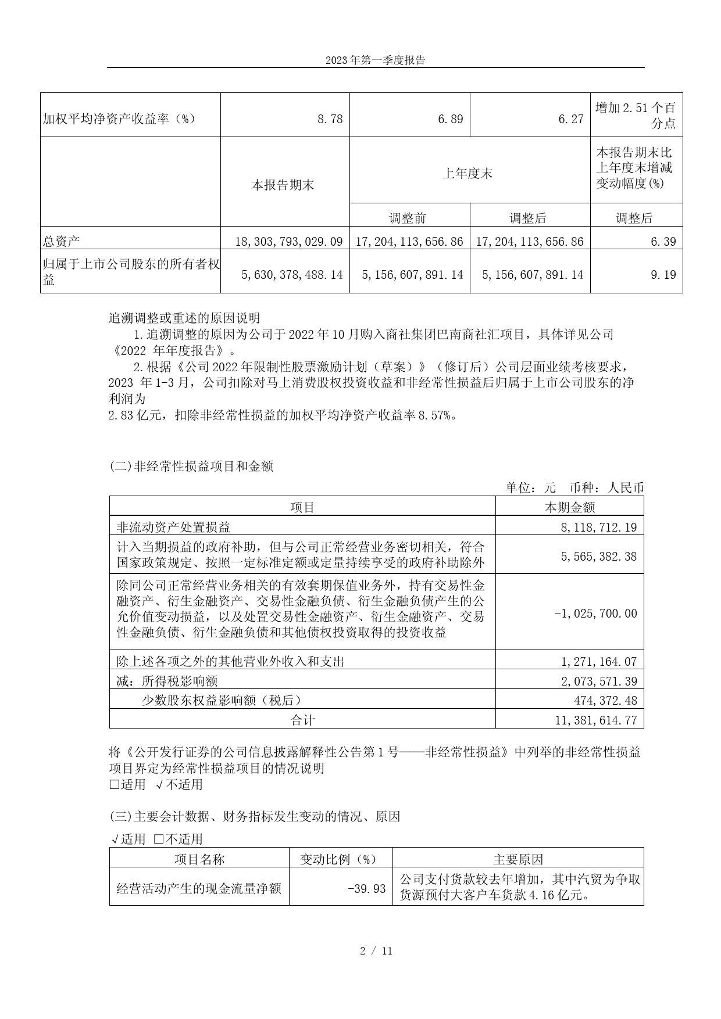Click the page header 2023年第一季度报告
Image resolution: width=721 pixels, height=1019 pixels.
pyautogui.click(x=375, y=60)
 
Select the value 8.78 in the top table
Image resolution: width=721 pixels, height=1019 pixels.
pyautogui.click(x=330, y=119)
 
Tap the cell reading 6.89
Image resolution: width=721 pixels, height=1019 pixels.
pyautogui.click(x=451, y=119)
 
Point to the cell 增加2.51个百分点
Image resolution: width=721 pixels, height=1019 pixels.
pyautogui.click(x=636, y=115)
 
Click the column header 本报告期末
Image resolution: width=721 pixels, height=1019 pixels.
pyautogui.click(x=283, y=185)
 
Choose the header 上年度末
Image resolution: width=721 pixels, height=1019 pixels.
pyautogui.click(x=467, y=173)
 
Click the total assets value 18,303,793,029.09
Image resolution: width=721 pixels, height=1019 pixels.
pyautogui.click(x=289, y=242)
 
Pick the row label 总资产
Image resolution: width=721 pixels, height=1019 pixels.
pyautogui.click(x=56, y=242)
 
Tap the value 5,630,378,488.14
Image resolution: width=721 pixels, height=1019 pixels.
pyautogui.click(x=292, y=274)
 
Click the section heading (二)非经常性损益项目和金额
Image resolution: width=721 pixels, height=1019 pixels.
pyautogui.click(x=191, y=466)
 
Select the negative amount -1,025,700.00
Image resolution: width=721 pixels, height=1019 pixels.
pyautogui.click(x=596, y=613)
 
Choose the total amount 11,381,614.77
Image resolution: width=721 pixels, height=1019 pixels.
pyautogui.click(x=596, y=720)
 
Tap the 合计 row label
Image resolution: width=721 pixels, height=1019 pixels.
pyautogui.click(x=302, y=720)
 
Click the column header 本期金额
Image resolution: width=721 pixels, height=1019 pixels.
pyautogui.click(x=569, y=507)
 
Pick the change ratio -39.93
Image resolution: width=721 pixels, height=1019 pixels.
pyautogui.click(x=366, y=888)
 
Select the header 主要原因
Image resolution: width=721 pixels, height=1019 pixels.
pyautogui.click(x=518, y=859)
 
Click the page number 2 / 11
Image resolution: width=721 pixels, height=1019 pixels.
pyautogui.click(x=376, y=951)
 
